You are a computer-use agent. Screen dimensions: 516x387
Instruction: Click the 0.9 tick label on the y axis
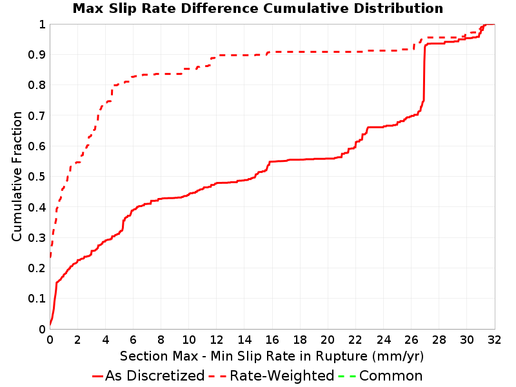(37, 55)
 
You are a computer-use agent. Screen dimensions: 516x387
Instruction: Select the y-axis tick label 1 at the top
(42, 25)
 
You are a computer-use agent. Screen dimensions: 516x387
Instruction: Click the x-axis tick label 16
(272, 340)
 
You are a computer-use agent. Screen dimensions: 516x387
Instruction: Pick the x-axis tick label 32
(494, 340)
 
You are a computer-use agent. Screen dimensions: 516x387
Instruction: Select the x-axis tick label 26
(411, 340)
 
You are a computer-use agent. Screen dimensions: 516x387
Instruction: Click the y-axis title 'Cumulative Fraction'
(17, 176)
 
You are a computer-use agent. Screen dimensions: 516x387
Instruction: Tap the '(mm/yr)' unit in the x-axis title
(398, 357)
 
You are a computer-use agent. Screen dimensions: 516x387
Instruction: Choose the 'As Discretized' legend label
(155, 376)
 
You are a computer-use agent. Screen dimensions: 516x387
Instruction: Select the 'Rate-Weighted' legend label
(282, 376)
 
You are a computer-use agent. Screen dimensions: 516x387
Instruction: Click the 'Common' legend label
(391, 376)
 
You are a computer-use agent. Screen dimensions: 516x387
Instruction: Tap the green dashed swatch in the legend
(347, 376)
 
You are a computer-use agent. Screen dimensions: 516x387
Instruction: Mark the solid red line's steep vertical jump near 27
(424, 73)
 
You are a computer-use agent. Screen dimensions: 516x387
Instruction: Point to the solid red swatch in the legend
(98, 376)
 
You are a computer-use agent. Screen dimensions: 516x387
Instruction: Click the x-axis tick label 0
(50, 340)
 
